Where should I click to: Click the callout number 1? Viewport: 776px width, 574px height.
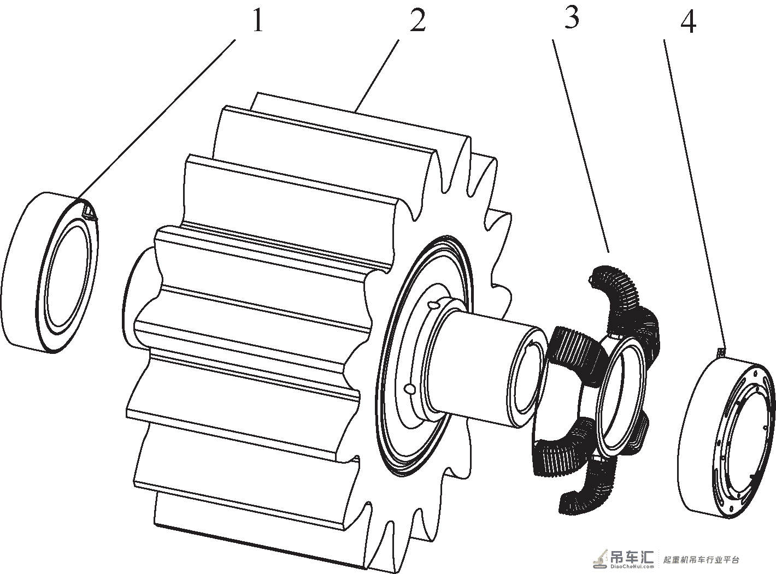point(257,20)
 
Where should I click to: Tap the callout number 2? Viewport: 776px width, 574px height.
point(418,20)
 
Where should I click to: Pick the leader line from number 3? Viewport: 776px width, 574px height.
point(581,146)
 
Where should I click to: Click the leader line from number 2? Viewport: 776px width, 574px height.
point(377,76)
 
